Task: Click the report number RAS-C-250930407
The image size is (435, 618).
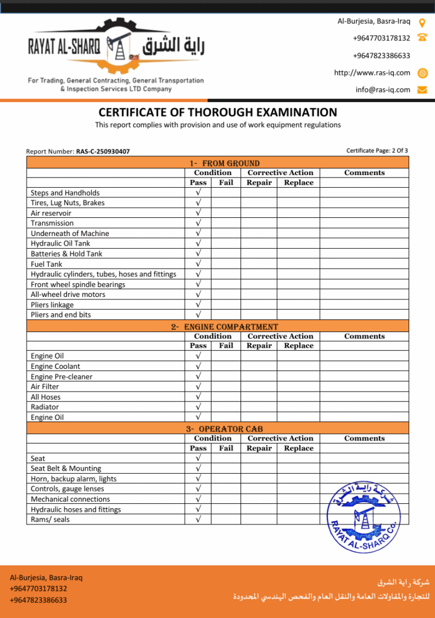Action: [x=103, y=151]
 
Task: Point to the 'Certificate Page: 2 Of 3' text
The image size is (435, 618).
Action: [x=377, y=150]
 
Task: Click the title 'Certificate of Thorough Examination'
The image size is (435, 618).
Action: [x=217, y=112]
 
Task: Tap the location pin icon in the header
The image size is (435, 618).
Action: [x=422, y=22]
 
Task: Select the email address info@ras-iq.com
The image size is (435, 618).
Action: [x=382, y=90]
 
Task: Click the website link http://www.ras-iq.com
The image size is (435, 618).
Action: [x=372, y=72]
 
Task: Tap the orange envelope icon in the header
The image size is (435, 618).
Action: [x=422, y=90]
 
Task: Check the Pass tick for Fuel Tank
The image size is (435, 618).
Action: [x=198, y=264]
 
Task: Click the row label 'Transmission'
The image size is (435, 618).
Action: [x=52, y=223]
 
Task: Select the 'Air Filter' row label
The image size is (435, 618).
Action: [x=45, y=386]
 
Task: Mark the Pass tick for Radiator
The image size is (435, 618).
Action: [x=198, y=407]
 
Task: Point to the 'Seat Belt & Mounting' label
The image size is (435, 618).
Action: [x=66, y=468]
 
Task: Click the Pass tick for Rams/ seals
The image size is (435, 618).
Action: [x=198, y=519]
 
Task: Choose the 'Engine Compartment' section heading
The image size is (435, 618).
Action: [x=224, y=327]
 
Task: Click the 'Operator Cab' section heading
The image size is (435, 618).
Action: [x=224, y=429]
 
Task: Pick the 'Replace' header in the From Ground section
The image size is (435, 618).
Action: [x=298, y=182]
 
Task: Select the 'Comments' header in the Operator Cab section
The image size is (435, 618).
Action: [x=364, y=438]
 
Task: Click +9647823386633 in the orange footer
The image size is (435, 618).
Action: [x=38, y=600]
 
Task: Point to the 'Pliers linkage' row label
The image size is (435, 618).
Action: [x=52, y=305]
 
